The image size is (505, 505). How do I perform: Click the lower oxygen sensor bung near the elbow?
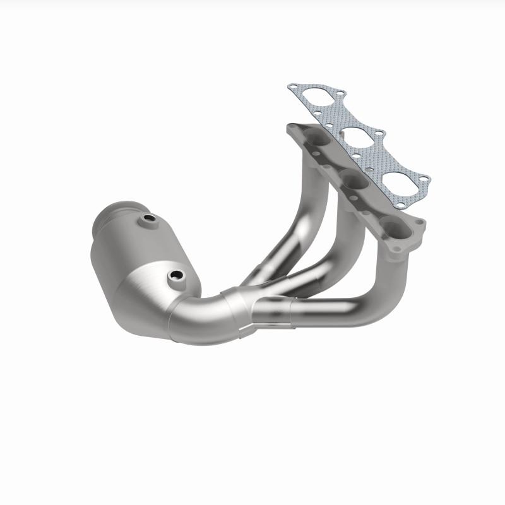pos(175,276)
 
